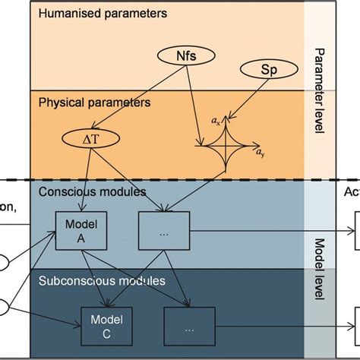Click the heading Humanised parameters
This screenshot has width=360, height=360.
pyautogui.click(x=103, y=14)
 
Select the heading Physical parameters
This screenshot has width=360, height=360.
pyautogui.click(x=94, y=102)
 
